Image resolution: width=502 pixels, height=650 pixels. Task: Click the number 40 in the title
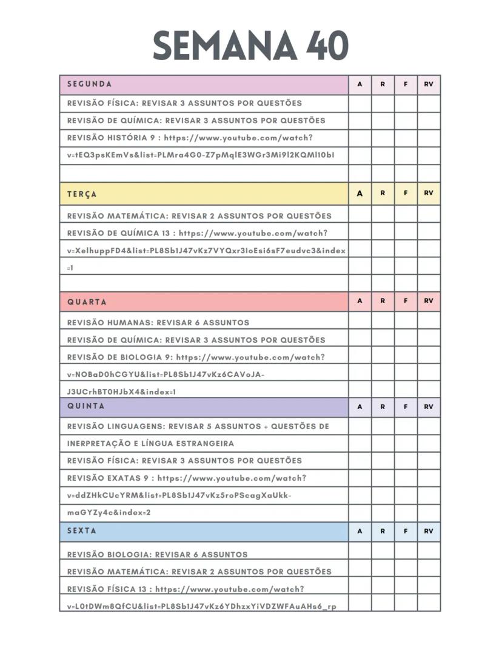point(327,45)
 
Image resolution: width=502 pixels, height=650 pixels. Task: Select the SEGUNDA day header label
point(89,84)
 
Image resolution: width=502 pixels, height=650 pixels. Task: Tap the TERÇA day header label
point(82,194)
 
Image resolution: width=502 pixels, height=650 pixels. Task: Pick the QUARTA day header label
point(87,302)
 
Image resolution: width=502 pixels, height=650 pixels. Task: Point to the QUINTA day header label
point(85,406)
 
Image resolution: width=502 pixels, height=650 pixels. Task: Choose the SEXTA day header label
point(82,530)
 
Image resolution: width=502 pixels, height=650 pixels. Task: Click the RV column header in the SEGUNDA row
point(429,84)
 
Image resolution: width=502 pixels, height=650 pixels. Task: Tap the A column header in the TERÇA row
point(360,194)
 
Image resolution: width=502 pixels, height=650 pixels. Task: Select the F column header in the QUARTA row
point(406,301)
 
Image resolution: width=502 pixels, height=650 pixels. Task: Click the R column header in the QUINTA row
point(383,407)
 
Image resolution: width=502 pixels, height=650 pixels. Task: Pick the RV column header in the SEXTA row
point(429,531)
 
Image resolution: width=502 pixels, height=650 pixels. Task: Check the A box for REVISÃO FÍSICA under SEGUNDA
point(360,103)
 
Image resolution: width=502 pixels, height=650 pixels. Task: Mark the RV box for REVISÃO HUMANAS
point(429,322)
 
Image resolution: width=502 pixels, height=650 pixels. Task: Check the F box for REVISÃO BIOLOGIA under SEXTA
point(406,553)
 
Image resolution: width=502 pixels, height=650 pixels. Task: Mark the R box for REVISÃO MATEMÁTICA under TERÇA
point(383,215)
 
